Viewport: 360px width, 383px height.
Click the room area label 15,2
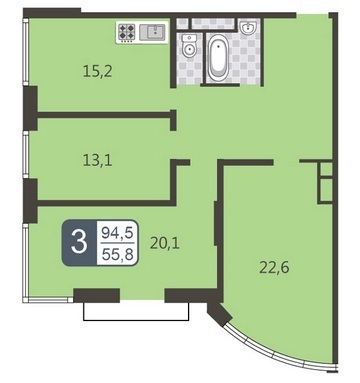pos(98,71)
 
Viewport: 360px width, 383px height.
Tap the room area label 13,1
pos(98,160)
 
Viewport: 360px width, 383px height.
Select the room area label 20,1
pos(165,243)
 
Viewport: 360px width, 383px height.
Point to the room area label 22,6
pos(274,267)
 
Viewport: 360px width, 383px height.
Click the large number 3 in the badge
pos(79,242)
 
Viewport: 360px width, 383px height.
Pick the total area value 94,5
pos(117,232)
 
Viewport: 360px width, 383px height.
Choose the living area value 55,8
pos(117,255)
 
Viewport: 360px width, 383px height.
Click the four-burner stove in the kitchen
pos(127,32)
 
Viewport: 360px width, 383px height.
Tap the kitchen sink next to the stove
pos(152,32)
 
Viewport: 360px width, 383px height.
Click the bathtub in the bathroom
pos(218,58)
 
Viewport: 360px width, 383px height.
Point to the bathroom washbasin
pos(248,27)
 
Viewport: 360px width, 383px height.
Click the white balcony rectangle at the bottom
pos(136,312)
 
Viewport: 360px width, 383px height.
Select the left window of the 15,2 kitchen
pos(25,51)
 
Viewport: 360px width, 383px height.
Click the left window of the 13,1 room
pos(25,155)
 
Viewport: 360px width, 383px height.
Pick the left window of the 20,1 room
pos(25,262)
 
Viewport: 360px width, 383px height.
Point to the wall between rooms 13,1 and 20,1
pos(106,203)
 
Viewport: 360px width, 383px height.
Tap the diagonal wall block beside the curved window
pos(219,313)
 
